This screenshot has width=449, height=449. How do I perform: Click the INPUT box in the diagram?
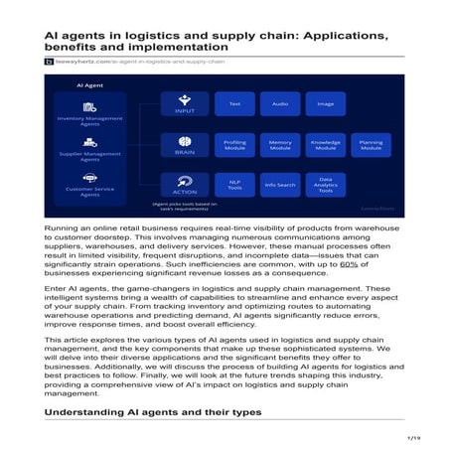click(184, 104)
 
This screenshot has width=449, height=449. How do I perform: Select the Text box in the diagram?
click(234, 103)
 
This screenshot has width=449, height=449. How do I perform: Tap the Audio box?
click(280, 103)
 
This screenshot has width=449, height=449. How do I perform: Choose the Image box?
click(325, 103)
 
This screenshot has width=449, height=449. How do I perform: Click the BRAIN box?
click(184, 145)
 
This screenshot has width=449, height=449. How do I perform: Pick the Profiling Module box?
click(234, 145)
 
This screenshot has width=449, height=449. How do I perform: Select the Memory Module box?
click(280, 145)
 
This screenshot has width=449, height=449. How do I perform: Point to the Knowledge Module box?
click(325, 145)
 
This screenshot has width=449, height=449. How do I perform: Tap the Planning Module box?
click(371, 145)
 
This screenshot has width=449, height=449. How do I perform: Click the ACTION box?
click(184, 184)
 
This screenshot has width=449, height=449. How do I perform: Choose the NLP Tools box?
click(234, 184)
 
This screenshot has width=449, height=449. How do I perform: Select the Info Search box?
click(280, 184)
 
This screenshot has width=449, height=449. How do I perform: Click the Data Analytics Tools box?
click(325, 184)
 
